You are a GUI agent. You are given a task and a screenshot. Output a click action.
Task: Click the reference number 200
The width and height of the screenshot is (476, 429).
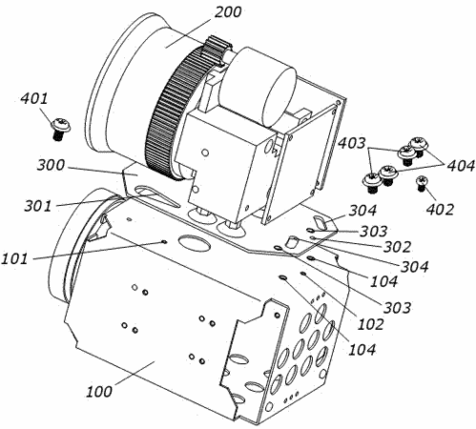click(x=228, y=12)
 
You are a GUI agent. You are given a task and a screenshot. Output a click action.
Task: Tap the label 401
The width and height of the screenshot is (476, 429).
click(x=34, y=99)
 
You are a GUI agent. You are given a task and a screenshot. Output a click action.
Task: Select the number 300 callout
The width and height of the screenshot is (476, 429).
click(x=51, y=165)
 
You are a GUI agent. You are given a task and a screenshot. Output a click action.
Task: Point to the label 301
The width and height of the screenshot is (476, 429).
click(x=38, y=206)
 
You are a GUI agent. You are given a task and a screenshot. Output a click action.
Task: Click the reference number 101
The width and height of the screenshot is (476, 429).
click(x=14, y=258)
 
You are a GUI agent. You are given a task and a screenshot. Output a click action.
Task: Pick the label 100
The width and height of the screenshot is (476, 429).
click(x=99, y=391)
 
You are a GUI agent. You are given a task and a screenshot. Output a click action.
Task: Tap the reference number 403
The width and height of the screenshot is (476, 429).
click(x=351, y=143)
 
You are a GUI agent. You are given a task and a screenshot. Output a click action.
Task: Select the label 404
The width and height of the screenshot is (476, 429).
click(x=461, y=166)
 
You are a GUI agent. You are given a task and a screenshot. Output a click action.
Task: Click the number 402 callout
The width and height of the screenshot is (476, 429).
click(x=440, y=210)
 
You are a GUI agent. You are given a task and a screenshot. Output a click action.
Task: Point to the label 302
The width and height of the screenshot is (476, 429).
click(x=397, y=247)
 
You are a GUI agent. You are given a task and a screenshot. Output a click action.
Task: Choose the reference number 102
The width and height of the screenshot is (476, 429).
click(x=371, y=324)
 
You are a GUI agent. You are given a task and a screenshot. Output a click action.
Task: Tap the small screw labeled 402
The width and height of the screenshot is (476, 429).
click(x=422, y=183)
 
